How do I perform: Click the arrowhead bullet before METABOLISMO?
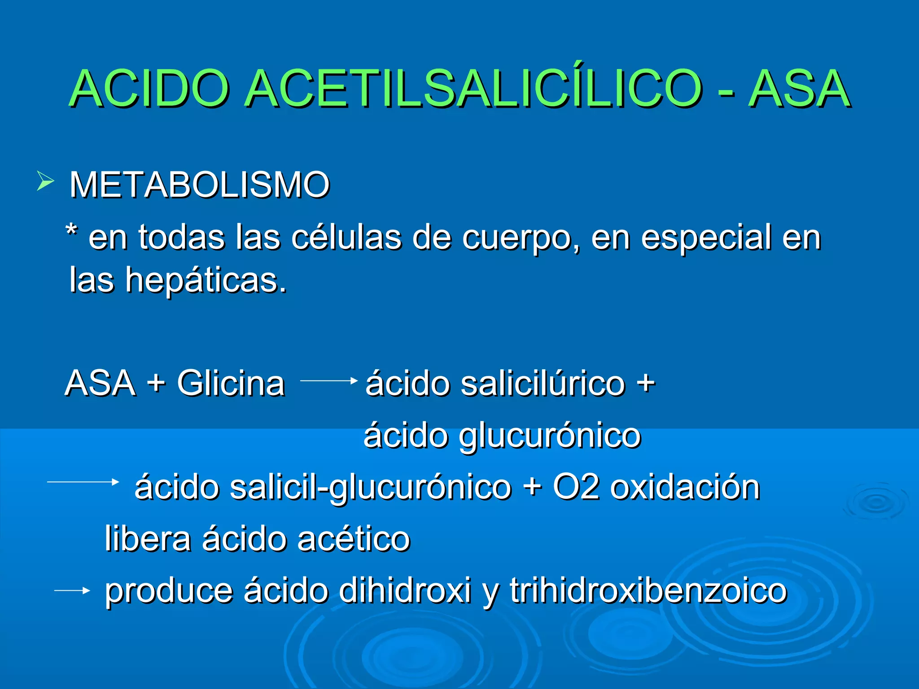coord(45,182)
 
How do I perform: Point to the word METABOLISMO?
coord(200,184)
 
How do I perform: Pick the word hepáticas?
coord(206,280)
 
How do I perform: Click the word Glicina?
coord(231,383)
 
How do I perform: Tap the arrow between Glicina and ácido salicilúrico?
coord(328,381)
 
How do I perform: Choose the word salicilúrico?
coord(543,384)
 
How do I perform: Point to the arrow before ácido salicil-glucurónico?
coord(83,482)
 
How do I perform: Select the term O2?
coord(576,486)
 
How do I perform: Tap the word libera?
coord(148,538)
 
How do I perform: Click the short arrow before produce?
coord(72,591)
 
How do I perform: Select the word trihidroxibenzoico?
coord(648,590)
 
